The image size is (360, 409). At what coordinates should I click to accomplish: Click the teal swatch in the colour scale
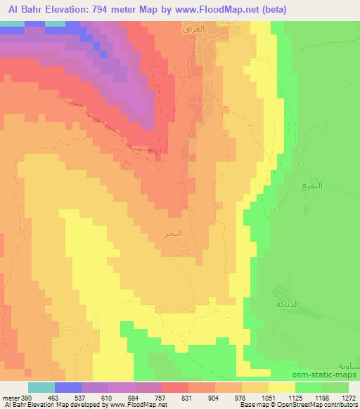(41, 387)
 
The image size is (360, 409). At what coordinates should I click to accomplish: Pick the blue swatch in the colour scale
(68, 387)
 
